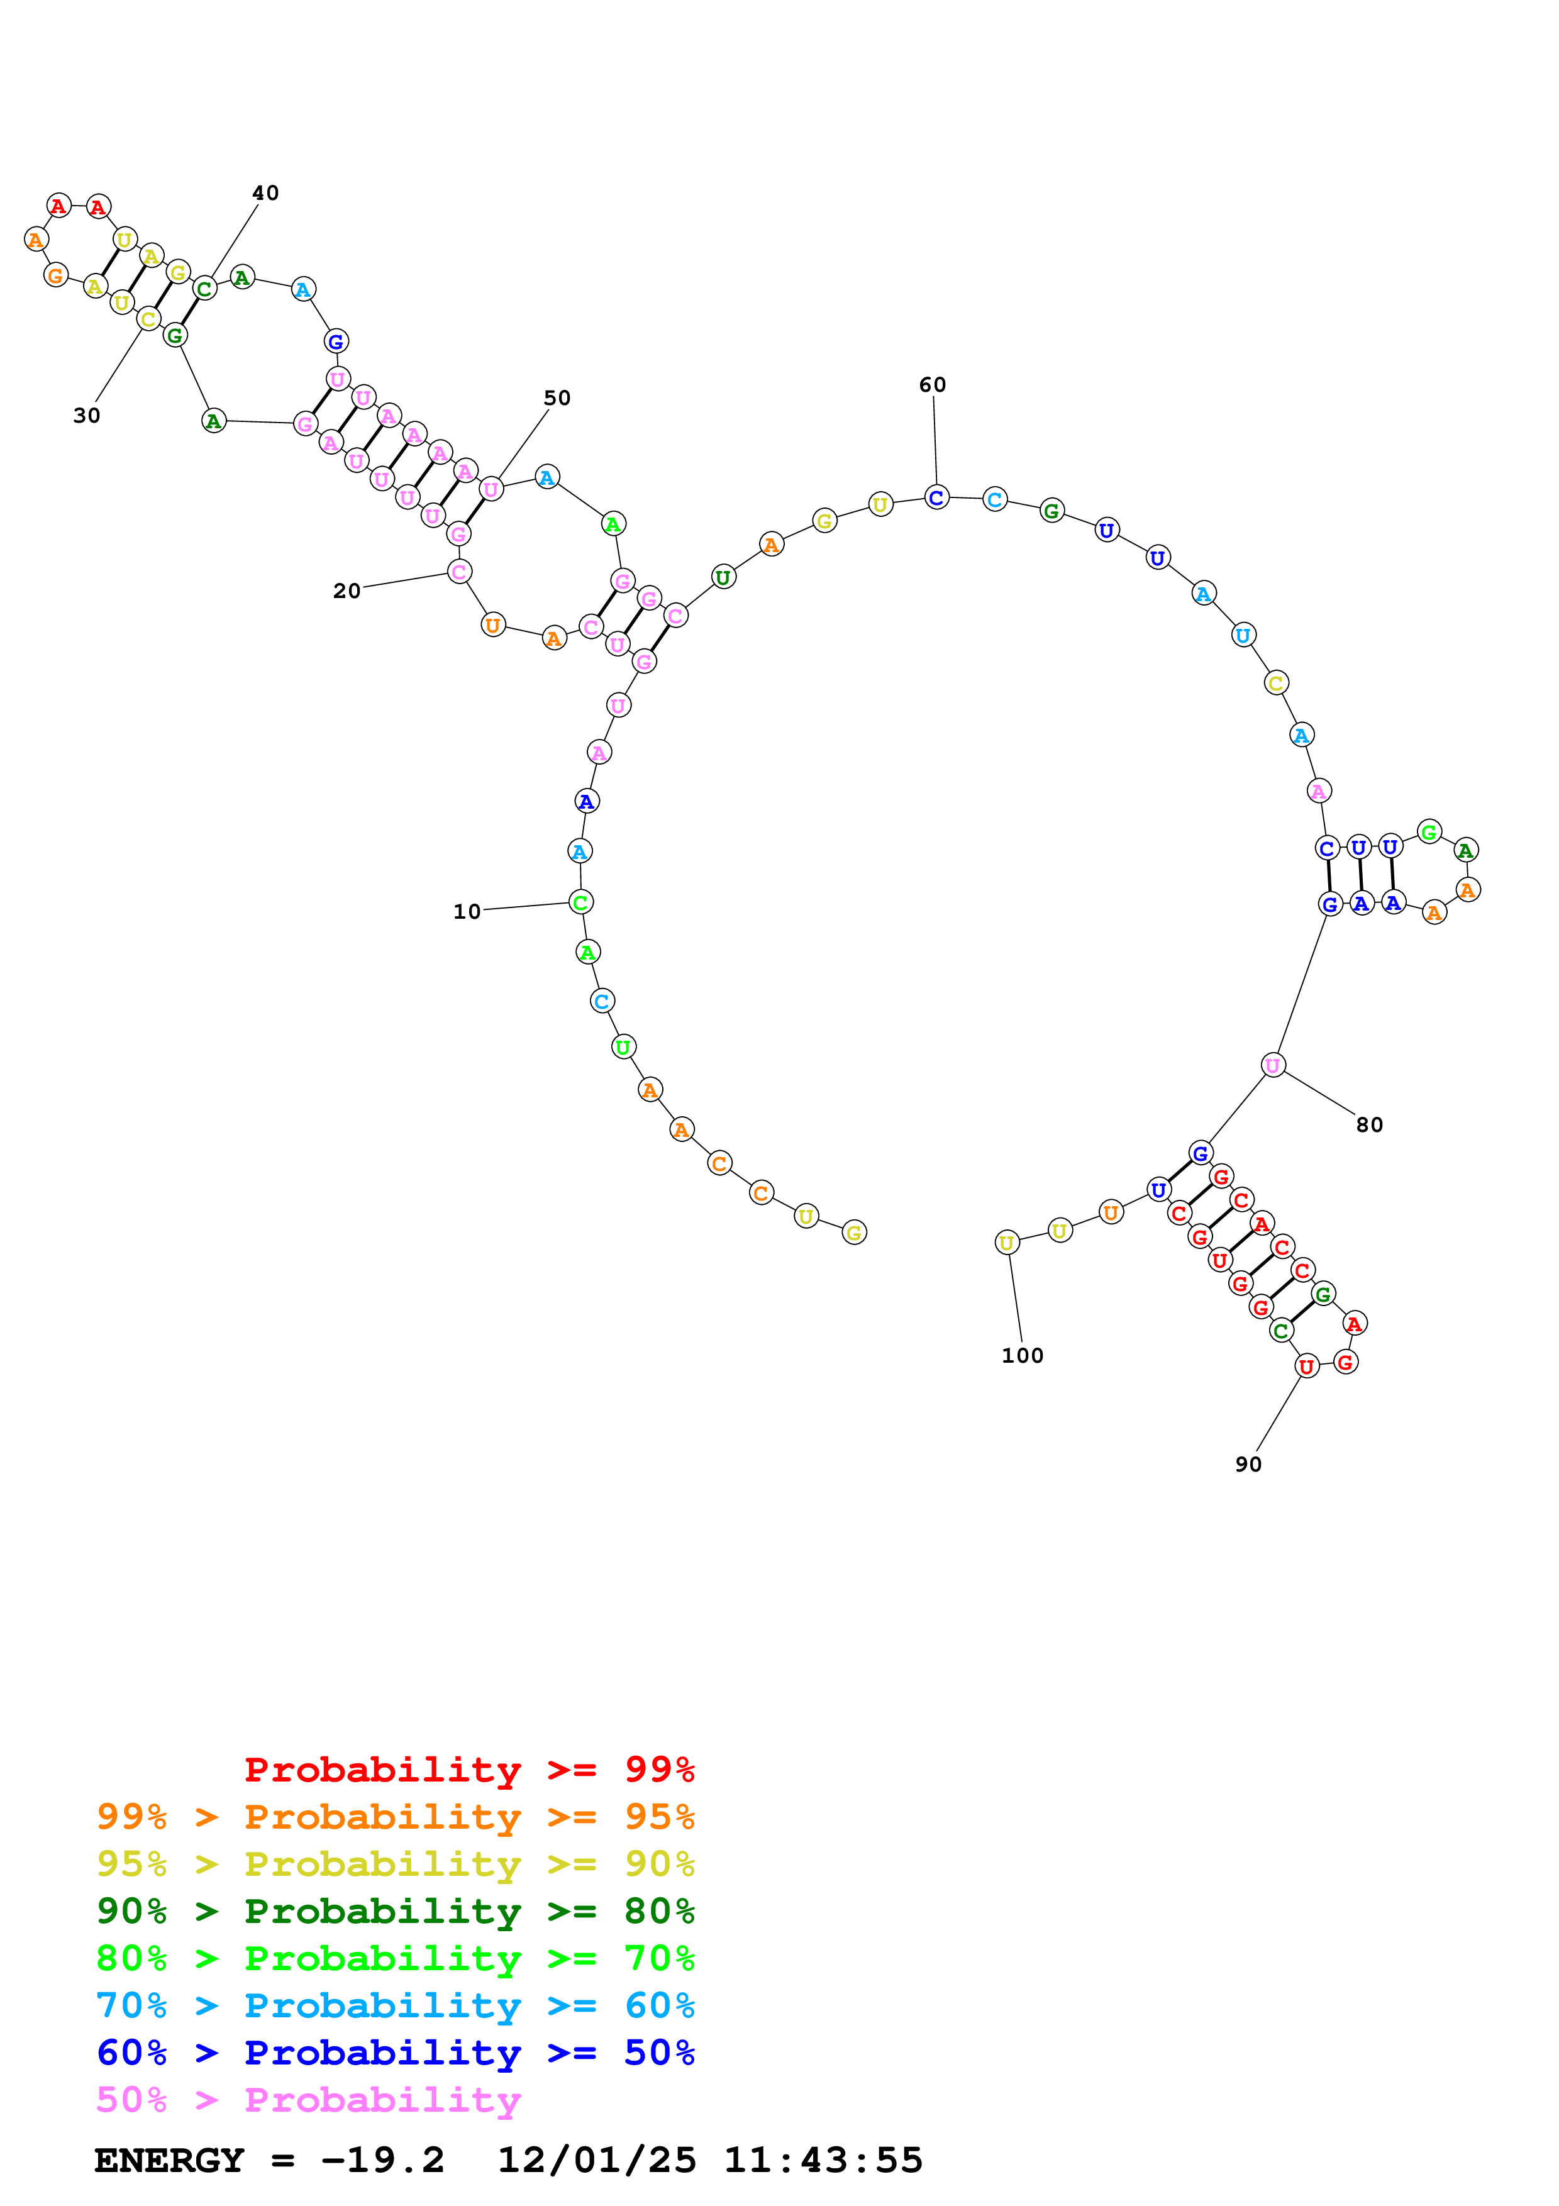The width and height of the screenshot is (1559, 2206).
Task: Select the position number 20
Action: pyautogui.click(x=347, y=591)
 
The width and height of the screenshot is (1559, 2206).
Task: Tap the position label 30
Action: pyautogui.click(x=86, y=415)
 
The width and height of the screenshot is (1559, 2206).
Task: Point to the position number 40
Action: pyautogui.click(x=265, y=193)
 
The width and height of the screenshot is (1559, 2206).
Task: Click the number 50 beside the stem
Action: pyautogui.click(x=557, y=398)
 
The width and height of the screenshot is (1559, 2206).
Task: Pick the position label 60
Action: pyautogui.click(x=932, y=384)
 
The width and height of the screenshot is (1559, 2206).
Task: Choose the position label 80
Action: pyautogui.click(x=1369, y=1124)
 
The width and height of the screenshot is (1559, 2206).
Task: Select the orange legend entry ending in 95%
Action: pyautogui.click(x=395, y=1816)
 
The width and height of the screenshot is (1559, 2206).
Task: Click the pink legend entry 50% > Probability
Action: pyautogui.click(x=308, y=2098)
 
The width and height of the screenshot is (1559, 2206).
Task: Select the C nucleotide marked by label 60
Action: pyautogui.click(x=936, y=497)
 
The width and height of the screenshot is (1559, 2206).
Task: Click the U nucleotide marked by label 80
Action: pyautogui.click(x=1273, y=1065)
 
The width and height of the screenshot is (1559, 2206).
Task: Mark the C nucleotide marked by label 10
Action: pyautogui.click(x=580, y=902)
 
